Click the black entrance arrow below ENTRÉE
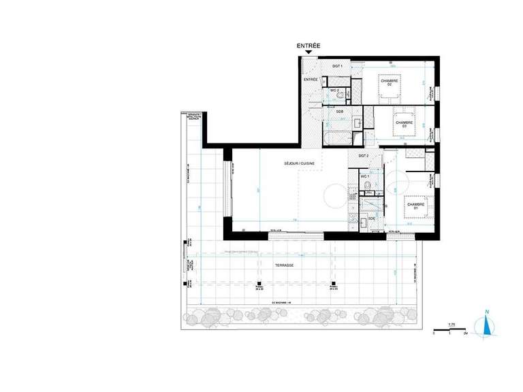click(x=308, y=52)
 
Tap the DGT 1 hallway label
click(x=336, y=65)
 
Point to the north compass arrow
click(x=486, y=325)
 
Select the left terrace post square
click(x=259, y=284)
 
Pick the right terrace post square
click(x=333, y=284)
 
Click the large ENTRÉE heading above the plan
click(x=309, y=45)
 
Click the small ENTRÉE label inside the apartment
click(x=311, y=80)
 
